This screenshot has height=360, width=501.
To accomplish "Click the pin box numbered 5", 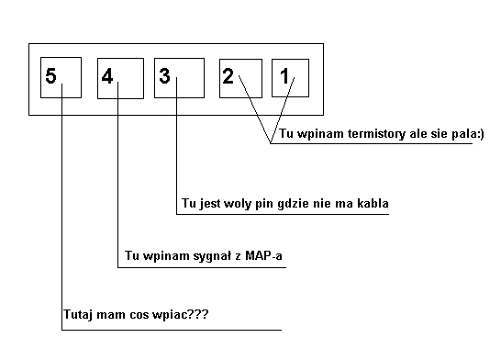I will coord(61,78).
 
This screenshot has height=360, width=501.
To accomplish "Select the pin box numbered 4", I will coord(119,78).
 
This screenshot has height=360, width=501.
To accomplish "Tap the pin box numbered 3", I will coord(177,78).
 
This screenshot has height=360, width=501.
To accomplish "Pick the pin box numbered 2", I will coord(239,78).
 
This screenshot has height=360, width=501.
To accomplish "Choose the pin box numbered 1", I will coord(291,78).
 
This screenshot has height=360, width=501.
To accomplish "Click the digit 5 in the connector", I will coord(50,76).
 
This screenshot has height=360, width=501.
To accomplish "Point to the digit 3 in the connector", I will coord(165,76).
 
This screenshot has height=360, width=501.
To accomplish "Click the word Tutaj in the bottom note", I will coord(79,315).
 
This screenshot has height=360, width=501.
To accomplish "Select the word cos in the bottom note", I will coord(135,315).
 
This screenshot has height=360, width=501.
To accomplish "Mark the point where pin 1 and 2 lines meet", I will coord(271,143).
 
